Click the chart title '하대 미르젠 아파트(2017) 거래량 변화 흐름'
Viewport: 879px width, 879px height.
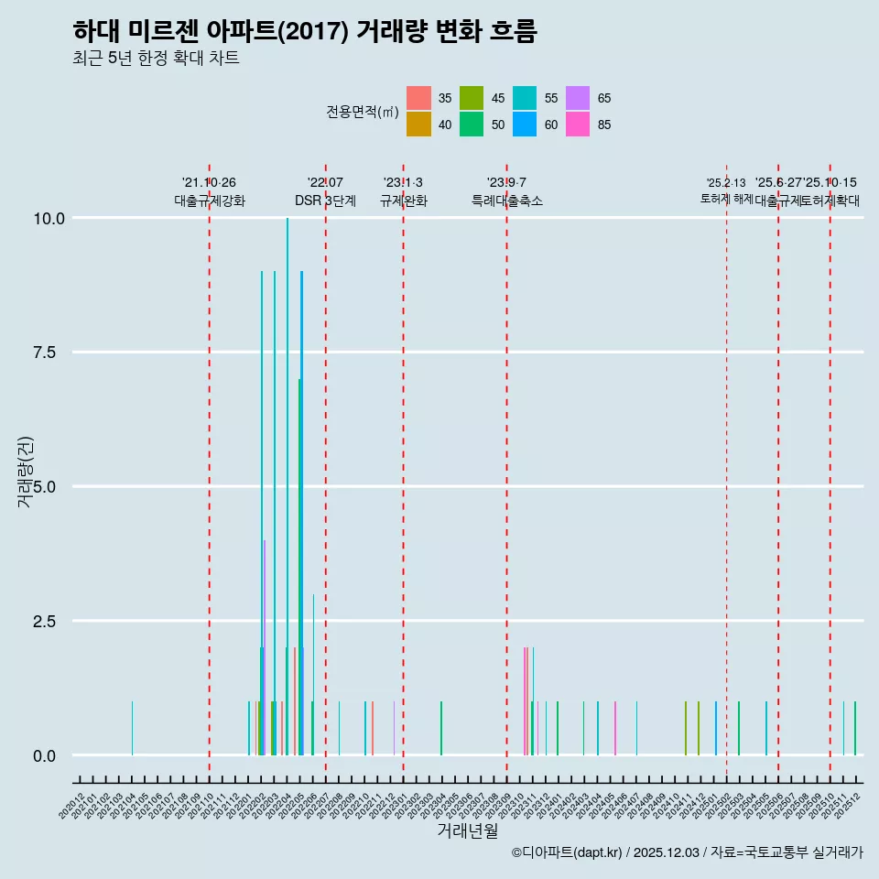(x=304, y=31)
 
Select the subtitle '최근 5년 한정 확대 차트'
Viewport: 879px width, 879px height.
(x=156, y=59)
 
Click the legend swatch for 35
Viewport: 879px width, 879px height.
(x=418, y=98)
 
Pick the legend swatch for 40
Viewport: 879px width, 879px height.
(x=418, y=125)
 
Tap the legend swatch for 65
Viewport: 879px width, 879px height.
(x=578, y=98)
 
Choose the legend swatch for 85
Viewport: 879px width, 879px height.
(x=578, y=125)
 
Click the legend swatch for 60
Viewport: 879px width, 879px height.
(x=525, y=125)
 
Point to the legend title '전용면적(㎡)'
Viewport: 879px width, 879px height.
(x=362, y=112)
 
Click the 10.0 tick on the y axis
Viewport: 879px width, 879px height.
(x=49, y=218)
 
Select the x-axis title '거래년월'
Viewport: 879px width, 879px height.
(x=467, y=830)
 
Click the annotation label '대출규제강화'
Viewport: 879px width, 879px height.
(x=210, y=201)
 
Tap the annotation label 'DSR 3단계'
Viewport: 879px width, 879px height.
(x=325, y=201)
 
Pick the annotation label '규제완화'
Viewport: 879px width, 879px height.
(x=403, y=201)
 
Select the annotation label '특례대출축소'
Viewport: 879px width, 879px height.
(x=507, y=201)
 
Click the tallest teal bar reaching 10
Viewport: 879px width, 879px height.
(x=288, y=485)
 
